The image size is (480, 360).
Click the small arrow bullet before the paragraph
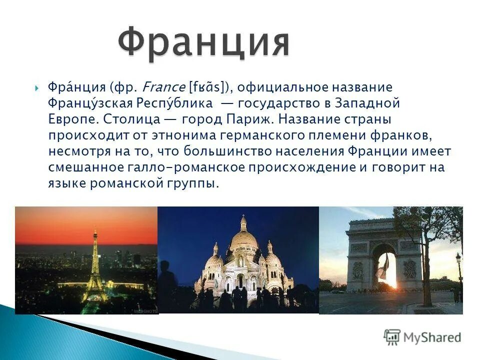(x=38, y=88)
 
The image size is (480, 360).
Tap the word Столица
(x=132, y=120)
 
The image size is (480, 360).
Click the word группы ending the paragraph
(x=192, y=183)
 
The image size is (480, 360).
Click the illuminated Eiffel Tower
(x=94, y=270)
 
